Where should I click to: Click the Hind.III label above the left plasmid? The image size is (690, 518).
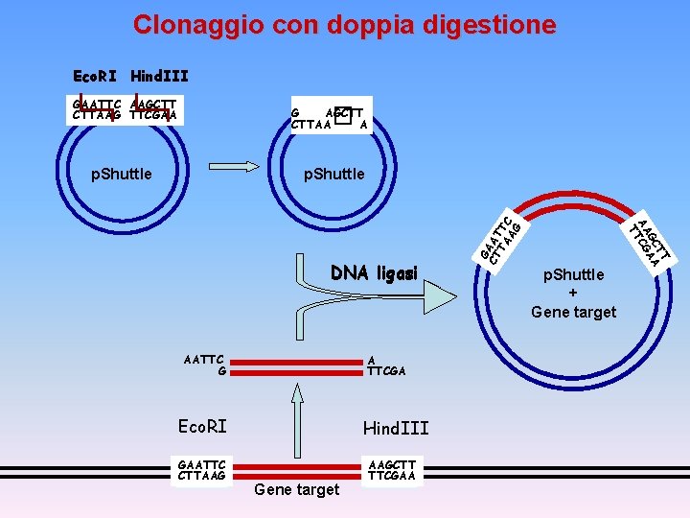159,76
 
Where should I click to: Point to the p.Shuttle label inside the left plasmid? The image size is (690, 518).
121,174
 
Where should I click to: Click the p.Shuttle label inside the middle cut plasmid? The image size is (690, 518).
333,174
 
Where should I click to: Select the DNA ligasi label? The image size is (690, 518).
374,273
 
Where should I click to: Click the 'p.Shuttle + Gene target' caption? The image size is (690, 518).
573,294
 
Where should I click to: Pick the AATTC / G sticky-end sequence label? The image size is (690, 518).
204,365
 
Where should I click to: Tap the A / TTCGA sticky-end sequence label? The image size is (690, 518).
386,365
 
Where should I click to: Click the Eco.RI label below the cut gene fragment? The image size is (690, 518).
203,426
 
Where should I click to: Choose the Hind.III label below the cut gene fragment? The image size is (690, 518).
395,428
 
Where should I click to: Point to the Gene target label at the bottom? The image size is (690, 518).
296,489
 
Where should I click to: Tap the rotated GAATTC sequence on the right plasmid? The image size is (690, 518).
501,239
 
